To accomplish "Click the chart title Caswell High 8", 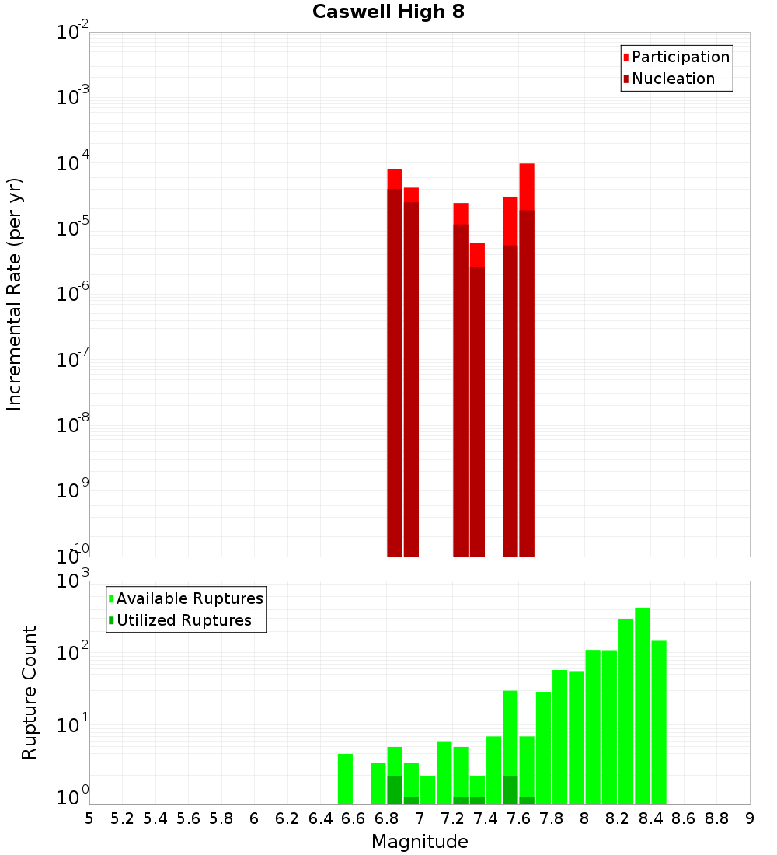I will [x=388, y=12].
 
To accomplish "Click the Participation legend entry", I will [x=680, y=57].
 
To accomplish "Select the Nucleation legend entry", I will [x=672, y=79].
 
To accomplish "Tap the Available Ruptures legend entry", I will [x=189, y=598].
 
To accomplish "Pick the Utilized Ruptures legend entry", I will [x=183, y=620].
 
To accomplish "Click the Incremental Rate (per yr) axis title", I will [x=15, y=294].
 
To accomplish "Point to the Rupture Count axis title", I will [x=30, y=693].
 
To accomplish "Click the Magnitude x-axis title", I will [x=420, y=842].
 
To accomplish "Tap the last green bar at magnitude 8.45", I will [x=659, y=723].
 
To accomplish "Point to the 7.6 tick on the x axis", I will [x=518, y=818].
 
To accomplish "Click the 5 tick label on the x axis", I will [x=89, y=818].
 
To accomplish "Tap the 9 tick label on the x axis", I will [x=750, y=818].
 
